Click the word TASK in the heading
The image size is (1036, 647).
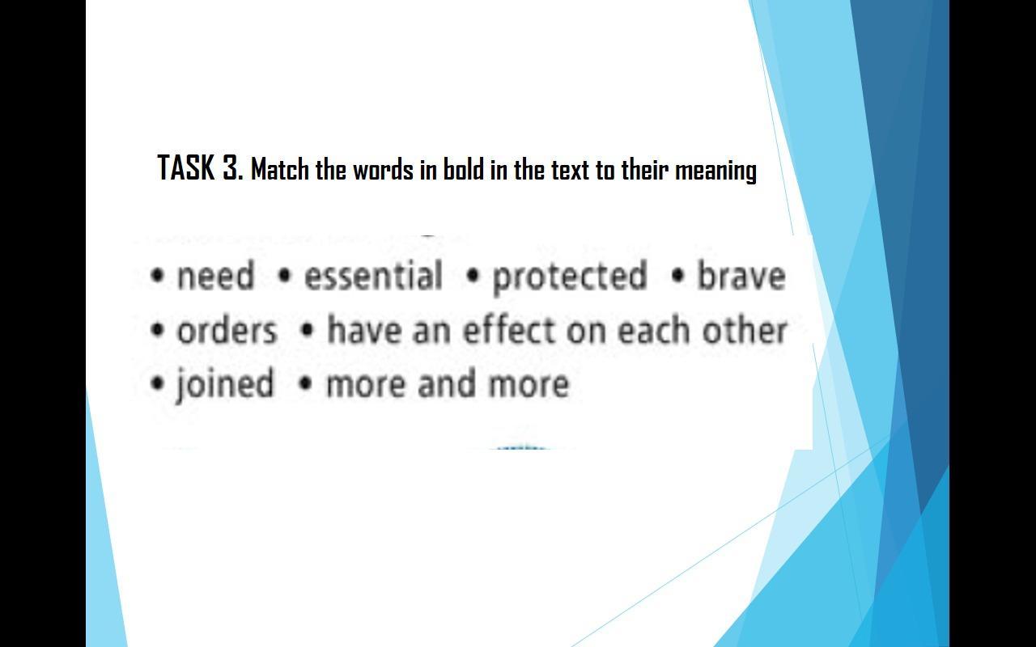coord(186,167)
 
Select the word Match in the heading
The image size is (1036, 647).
coord(280,169)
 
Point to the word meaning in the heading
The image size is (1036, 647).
coord(716,171)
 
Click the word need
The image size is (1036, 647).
coord(216,276)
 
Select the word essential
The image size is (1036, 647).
coord(373,276)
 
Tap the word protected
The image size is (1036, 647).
coord(569,277)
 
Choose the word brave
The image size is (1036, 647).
coord(741,276)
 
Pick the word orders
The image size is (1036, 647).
coord(227,331)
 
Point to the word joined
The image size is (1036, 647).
coord(225,384)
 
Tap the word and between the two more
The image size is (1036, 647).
coord(447,383)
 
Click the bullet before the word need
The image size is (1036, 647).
coord(158,277)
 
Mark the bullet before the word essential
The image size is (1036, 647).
coord(285,277)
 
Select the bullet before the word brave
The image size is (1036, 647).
coord(677,277)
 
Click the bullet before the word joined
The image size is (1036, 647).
coord(158,383)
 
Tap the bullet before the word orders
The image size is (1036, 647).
coord(158,331)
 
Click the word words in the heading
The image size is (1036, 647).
coord(384,169)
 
